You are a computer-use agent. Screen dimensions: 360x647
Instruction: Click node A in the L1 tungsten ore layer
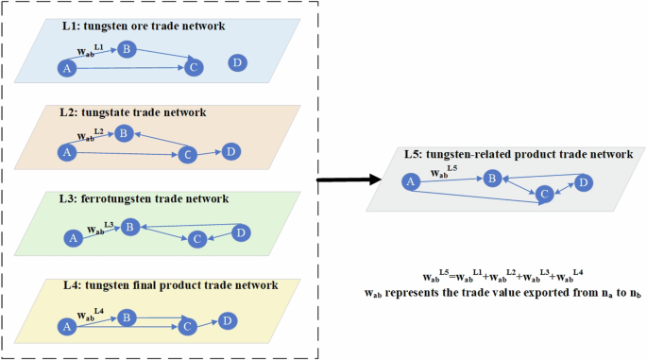tap(66, 68)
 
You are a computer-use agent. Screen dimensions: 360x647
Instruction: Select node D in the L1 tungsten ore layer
tap(237, 62)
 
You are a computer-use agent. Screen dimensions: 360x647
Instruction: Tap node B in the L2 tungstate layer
tap(122, 134)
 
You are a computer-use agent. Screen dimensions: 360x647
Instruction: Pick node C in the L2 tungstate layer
tap(187, 154)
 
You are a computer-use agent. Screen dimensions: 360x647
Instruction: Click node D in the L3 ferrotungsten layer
tap(241, 232)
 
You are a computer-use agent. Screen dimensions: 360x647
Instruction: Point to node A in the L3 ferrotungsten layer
tap(72, 239)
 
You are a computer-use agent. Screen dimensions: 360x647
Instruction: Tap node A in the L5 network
tap(409, 181)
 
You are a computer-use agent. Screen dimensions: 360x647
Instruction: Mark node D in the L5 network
tap(584, 181)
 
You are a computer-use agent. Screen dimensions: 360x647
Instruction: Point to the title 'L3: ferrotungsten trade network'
tap(136, 198)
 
